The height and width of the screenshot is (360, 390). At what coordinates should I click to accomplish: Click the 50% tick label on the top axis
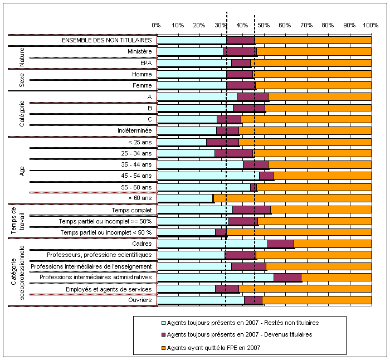(264, 26)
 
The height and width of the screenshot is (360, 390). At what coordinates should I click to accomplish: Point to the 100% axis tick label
(370, 26)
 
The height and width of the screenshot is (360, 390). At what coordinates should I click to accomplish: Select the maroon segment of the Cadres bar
(281, 244)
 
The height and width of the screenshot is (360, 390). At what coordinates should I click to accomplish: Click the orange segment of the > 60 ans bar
(292, 198)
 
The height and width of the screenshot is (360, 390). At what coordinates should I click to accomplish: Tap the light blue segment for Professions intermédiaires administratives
(216, 277)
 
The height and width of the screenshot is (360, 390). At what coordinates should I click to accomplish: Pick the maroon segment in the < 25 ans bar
(223, 142)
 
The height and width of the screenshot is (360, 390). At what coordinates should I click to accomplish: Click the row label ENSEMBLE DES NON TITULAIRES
(107, 40)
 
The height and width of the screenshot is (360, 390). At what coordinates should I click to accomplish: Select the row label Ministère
(139, 51)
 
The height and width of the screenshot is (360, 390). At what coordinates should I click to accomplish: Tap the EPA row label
(146, 63)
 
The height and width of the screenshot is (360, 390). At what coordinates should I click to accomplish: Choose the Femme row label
(142, 85)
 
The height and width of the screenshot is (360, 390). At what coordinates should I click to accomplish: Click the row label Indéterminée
(134, 130)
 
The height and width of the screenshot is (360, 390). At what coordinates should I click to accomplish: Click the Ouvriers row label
(139, 300)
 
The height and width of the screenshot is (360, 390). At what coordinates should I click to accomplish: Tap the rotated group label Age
(22, 170)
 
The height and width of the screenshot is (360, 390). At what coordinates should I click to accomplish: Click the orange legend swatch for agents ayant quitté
(163, 347)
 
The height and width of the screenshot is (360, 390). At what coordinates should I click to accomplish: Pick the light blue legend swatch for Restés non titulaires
(163, 322)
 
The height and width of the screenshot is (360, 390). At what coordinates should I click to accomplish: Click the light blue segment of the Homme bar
(192, 74)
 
